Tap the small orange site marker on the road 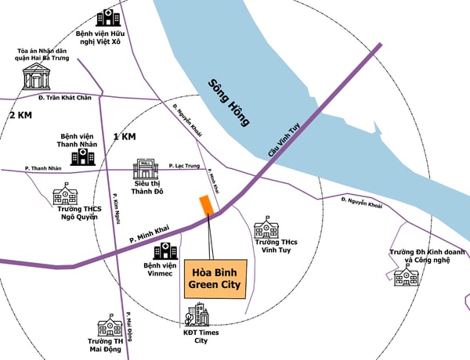tap(206, 205)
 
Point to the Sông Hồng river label tap(230, 103)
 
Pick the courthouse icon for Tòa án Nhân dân tap(36, 76)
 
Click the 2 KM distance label tap(20, 115)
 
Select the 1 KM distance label tap(125, 136)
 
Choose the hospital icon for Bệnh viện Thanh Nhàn tap(81, 157)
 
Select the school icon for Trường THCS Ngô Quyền tap(65, 196)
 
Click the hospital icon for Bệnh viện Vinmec tap(165, 251)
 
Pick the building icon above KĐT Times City tap(197, 316)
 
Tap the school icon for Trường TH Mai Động tap(110, 326)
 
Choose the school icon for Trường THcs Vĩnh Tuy tap(267, 229)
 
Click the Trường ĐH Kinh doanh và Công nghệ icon tap(406, 275)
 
